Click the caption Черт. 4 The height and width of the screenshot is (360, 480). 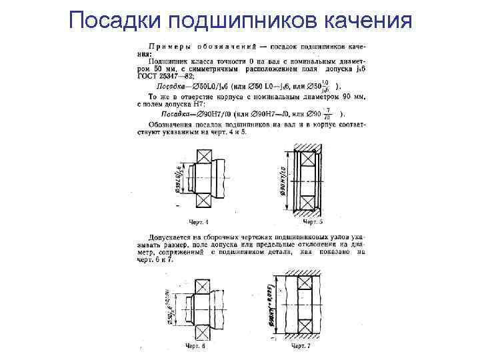tap(199, 221)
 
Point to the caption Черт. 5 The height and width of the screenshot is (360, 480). tap(312, 221)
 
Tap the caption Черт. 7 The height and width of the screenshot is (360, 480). tap(302, 347)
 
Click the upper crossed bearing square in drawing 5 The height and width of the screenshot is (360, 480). tap(308, 159)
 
